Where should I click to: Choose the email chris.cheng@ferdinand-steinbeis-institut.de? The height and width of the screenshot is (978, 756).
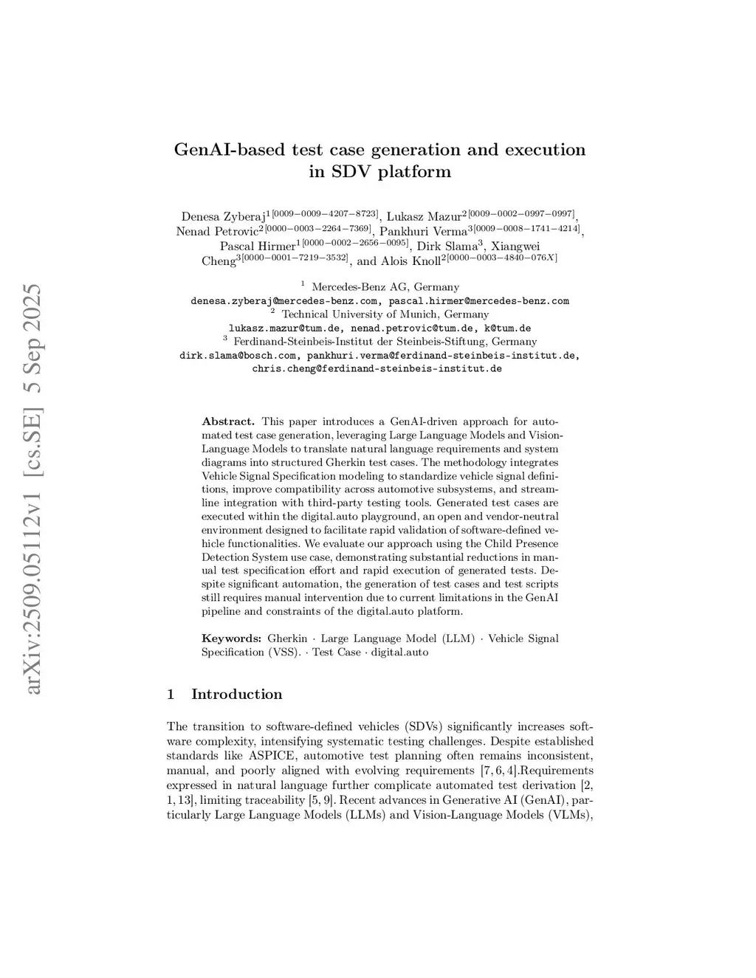pyautogui.click(x=377, y=368)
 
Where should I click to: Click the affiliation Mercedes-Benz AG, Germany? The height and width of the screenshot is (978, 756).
pyautogui.click(x=385, y=287)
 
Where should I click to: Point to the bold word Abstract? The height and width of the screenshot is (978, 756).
pyautogui.click(x=228, y=421)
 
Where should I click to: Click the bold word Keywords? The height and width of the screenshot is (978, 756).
pyautogui.click(x=231, y=638)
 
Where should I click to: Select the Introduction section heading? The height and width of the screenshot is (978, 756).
pyautogui.click(x=236, y=695)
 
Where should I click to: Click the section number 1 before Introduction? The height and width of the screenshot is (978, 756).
pyautogui.click(x=171, y=695)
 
